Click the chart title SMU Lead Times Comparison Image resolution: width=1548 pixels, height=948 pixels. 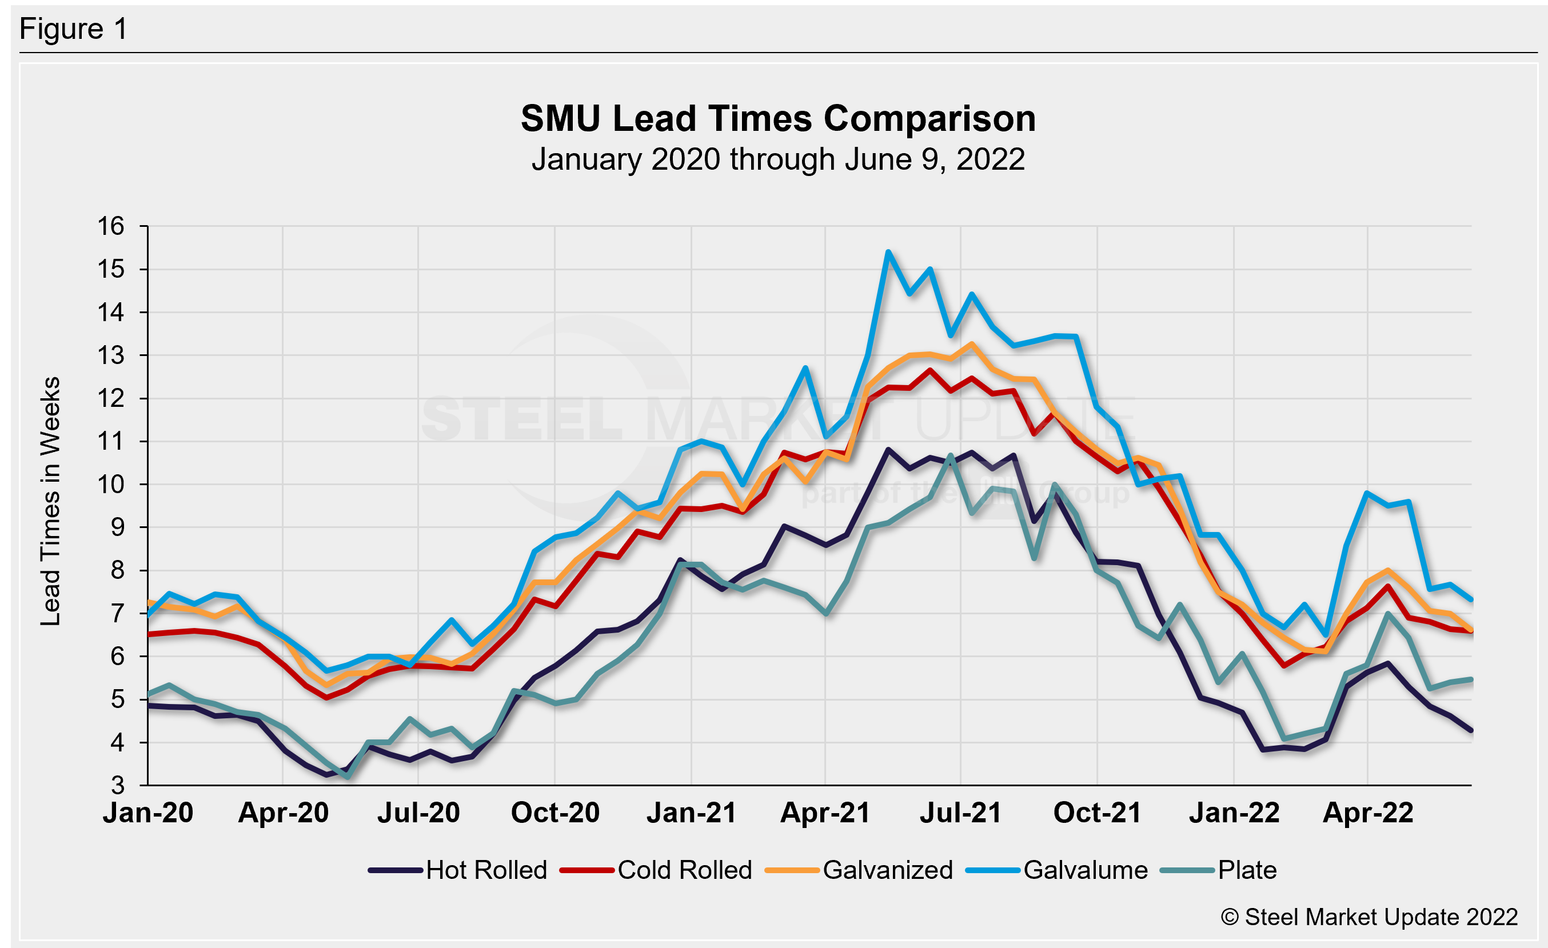coord(778,119)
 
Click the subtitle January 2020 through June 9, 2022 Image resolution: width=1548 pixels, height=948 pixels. coord(778,159)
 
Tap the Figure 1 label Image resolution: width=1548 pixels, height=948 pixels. coord(74,29)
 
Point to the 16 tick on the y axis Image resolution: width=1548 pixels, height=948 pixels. coord(110,226)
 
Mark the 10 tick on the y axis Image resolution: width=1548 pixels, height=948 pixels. coord(110,485)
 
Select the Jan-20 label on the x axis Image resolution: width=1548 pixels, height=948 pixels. coord(148,813)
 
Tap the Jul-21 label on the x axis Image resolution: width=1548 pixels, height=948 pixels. coord(960,813)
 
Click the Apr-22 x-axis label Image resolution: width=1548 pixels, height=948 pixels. coord(1368,813)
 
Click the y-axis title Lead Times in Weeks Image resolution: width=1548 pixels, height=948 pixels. coord(50,501)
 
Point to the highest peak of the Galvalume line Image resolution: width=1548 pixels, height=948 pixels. coord(888,253)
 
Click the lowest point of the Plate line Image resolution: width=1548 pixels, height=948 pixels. coord(348,777)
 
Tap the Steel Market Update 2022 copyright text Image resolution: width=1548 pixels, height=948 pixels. coord(1370,917)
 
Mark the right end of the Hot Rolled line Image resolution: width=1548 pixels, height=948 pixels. coord(1471,731)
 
